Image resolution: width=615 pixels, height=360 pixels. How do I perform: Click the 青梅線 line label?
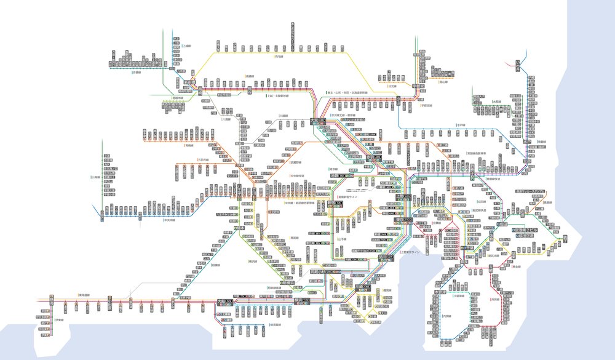tap(192, 146)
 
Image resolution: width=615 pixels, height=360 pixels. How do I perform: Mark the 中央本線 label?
tap(170, 218)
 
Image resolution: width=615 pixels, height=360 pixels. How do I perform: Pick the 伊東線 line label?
tap(59, 320)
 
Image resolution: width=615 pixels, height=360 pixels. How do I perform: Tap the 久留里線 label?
tap(459, 295)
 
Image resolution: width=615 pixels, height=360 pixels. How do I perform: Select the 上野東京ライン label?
tap(411, 252)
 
